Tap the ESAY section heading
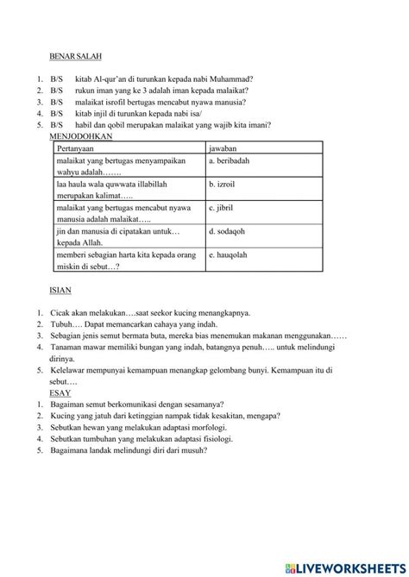(60, 392)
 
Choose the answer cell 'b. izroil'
(224, 185)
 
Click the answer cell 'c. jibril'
(223, 208)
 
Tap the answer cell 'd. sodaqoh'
(227, 231)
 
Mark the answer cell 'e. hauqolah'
(229, 255)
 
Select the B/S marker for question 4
(57, 113)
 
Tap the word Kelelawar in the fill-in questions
(72, 369)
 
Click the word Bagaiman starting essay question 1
(72, 404)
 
